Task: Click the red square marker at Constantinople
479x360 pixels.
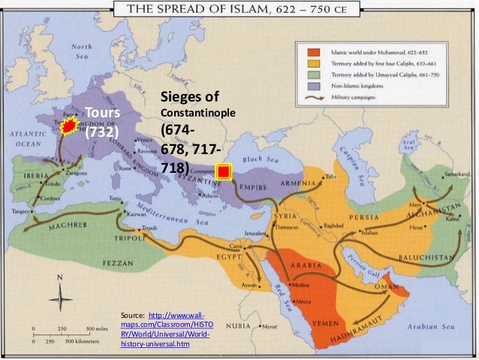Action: click(224, 173)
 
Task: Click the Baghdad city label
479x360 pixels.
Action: click(336, 225)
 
